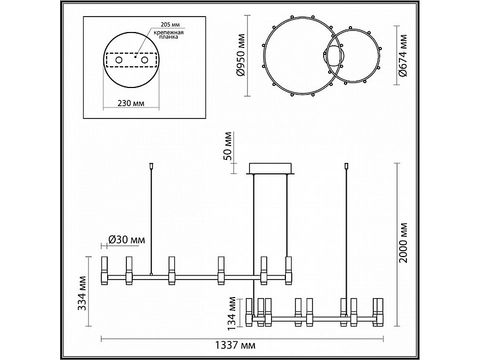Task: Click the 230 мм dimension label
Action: click(x=131, y=103)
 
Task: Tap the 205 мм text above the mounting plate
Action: click(x=170, y=25)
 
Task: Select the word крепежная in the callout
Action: click(x=169, y=33)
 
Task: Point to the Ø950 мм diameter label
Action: click(x=241, y=55)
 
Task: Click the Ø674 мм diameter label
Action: click(x=403, y=55)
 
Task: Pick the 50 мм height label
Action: click(x=228, y=146)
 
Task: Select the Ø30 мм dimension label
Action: click(x=127, y=239)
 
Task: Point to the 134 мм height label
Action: click(x=233, y=314)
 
